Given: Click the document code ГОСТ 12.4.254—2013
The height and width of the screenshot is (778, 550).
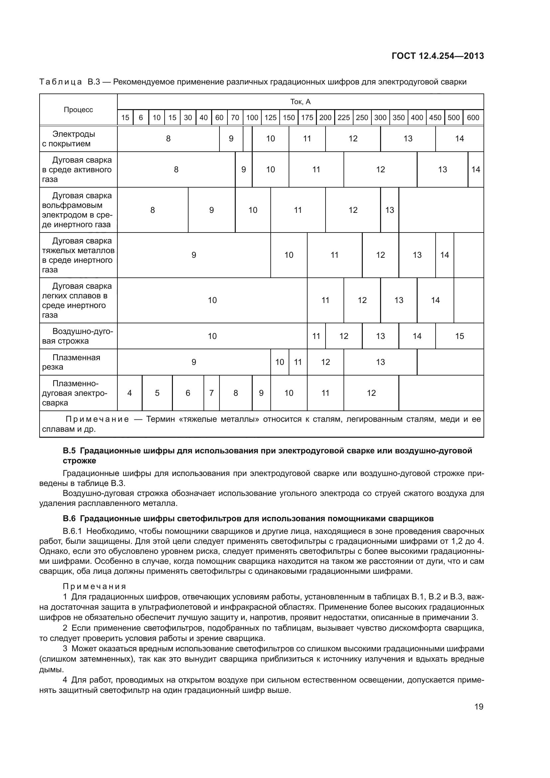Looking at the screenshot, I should [x=438, y=56].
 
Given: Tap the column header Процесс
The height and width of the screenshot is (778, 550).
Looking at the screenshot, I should [x=78, y=110].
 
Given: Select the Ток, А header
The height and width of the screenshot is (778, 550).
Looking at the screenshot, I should [x=300, y=102].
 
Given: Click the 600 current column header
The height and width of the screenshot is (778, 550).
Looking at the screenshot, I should [x=473, y=117].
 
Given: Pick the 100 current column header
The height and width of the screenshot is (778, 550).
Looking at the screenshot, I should [x=252, y=117].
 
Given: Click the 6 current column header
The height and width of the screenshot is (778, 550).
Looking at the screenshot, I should [x=141, y=117].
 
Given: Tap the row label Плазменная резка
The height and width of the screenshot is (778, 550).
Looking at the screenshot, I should [x=71, y=362].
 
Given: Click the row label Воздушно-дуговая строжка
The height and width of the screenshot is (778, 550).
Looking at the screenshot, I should [x=77, y=336].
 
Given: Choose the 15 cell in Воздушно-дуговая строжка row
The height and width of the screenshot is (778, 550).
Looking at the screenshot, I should [x=459, y=336].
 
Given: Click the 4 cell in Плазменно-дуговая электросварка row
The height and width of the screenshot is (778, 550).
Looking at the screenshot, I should [x=129, y=393].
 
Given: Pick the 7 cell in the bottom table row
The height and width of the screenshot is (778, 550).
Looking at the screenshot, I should [x=211, y=393].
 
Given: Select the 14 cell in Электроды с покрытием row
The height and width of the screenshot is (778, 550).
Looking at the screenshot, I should [x=459, y=138].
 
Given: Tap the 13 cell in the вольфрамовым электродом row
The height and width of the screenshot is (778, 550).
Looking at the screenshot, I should [x=389, y=210].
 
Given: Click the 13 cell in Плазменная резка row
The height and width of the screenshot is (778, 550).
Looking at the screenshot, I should [x=380, y=362].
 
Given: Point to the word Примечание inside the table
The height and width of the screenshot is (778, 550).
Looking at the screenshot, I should [x=97, y=419].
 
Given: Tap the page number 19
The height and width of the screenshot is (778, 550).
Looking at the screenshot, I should [x=479, y=706].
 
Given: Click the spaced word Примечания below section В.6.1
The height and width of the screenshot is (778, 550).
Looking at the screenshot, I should [x=94, y=586].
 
